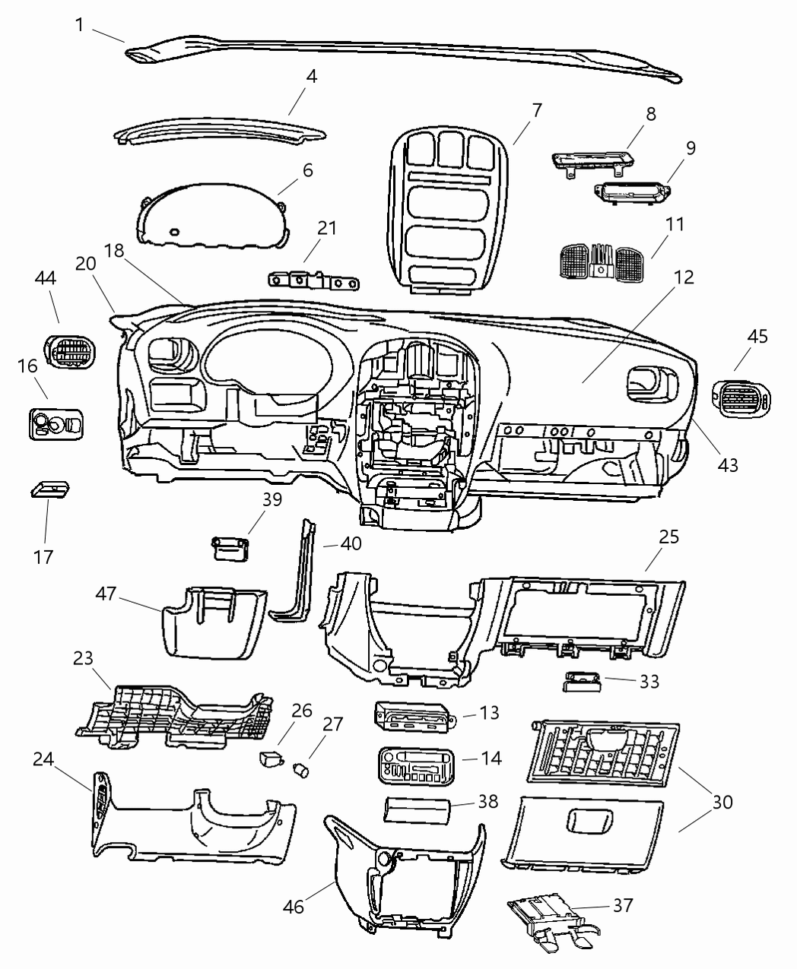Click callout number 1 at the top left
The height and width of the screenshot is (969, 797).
(80, 25)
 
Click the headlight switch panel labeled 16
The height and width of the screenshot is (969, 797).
(57, 423)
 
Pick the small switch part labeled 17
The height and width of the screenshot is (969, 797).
(50, 488)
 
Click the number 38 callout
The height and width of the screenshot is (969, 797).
(487, 801)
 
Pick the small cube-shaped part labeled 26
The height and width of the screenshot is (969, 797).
(271, 758)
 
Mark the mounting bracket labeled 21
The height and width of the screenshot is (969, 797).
(313, 280)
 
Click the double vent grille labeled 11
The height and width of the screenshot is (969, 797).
(602, 262)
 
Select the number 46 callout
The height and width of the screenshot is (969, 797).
(294, 907)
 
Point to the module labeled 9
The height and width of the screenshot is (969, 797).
(630, 192)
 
